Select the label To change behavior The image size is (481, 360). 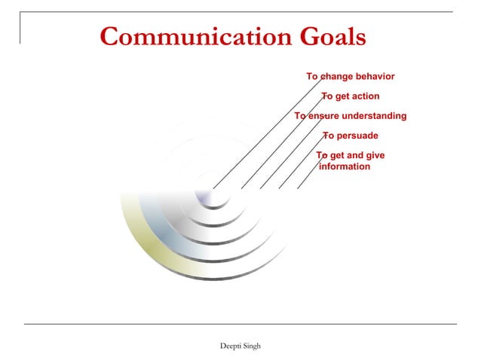[350, 76]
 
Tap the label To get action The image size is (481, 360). [351, 96]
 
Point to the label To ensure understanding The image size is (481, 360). [351, 116]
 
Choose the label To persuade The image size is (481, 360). [351, 136]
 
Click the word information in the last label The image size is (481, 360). [345, 166]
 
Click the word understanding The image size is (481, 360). [374, 116]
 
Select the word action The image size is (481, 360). [365, 96]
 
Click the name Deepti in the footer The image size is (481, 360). [230, 345]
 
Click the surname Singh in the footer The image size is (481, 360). [252, 345]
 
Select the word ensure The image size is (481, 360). [323, 116]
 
